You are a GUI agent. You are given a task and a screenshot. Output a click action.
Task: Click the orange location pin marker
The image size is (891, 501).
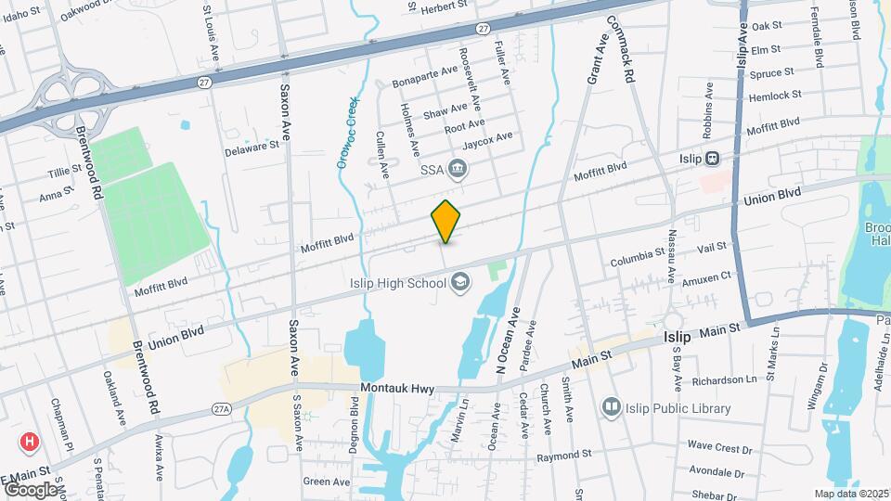[446, 221]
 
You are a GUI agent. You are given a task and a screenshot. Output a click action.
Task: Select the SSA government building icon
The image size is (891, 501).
[458, 168]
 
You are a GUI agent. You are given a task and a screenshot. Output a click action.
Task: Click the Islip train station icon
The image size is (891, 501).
[712, 158]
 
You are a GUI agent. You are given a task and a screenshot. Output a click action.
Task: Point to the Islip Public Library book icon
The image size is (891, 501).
[611, 406]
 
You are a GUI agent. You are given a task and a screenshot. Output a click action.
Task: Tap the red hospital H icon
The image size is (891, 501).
[30, 443]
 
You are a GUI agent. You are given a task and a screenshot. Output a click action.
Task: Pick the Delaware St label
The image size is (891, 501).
[252, 147]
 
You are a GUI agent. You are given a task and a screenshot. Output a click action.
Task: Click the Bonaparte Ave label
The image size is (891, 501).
[425, 72]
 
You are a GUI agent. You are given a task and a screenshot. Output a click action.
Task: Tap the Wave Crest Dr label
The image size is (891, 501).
[719, 448]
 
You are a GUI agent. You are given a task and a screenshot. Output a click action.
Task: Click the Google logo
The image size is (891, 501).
[30, 489]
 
